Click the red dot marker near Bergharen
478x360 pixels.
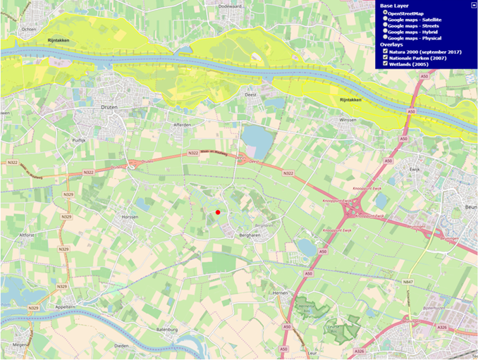[218, 212]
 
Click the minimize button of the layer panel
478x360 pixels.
[473, 4]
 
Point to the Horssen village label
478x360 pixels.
[130, 217]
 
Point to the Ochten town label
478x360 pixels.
[29, 30]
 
